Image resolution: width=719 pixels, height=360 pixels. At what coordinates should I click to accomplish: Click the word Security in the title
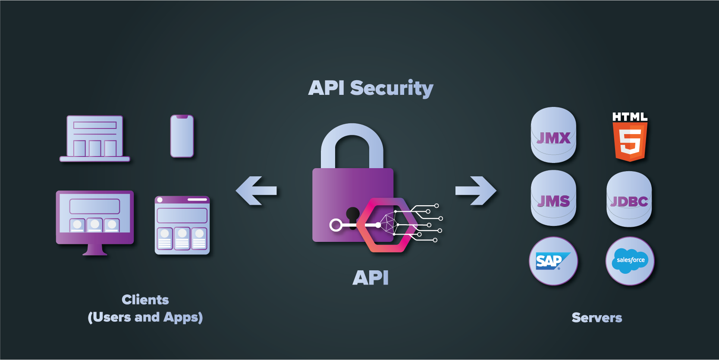tap(392, 88)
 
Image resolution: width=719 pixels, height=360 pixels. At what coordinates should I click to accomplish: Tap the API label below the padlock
tap(370, 278)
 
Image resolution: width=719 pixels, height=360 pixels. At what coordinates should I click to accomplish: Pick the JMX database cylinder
tap(553, 135)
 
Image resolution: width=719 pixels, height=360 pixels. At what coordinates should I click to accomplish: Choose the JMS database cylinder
tap(553, 198)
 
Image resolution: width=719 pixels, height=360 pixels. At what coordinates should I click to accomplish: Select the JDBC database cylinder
tap(629, 199)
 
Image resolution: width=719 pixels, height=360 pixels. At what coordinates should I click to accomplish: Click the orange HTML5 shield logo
tap(630, 141)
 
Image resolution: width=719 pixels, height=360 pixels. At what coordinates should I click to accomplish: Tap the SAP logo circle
tap(553, 261)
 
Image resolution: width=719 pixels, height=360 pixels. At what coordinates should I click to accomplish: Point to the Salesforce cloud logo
tap(630, 260)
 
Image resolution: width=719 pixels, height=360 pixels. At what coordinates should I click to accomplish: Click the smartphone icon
tap(182, 136)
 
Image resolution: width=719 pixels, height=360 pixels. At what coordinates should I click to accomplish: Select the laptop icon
tap(95, 138)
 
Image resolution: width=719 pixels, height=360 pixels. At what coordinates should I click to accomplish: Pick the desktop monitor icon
tap(95, 218)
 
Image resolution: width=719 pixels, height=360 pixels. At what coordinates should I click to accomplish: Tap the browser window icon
tap(182, 225)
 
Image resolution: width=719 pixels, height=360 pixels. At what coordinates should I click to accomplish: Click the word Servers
tap(597, 318)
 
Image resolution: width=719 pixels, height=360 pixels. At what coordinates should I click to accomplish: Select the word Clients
tap(145, 300)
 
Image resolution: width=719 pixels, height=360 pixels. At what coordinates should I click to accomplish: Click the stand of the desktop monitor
tap(95, 250)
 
